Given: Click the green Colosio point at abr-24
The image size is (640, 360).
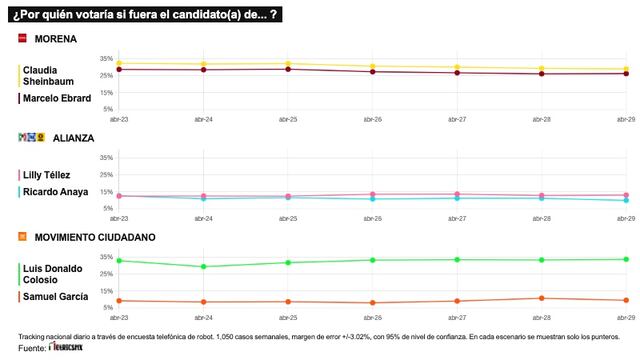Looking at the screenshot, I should (203, 266).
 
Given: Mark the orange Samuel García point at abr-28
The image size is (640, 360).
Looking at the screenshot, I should (541, 298).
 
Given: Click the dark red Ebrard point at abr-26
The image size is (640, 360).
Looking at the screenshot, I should (372, 71).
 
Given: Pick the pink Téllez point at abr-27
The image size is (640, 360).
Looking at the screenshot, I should (457, 194).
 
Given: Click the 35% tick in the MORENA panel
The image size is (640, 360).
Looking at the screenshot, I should (105, 59).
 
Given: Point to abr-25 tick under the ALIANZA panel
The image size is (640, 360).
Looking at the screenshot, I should (287, 216).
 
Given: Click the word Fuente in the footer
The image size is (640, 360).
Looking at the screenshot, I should (31, 348).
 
